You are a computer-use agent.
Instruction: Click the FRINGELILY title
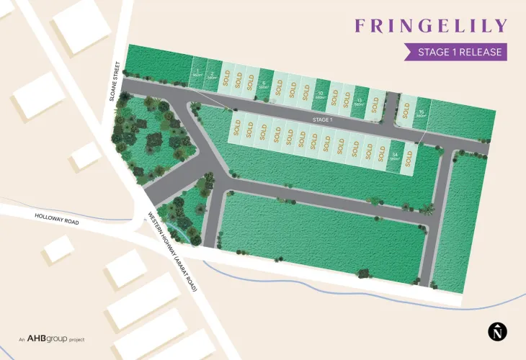[x=432, y=27]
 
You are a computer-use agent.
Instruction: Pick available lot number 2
[x=211, y=73]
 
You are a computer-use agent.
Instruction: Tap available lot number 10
[x=321, y=94]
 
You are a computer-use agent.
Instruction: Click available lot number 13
[x=360, y=101]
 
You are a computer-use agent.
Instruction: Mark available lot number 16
[x=422, y=114]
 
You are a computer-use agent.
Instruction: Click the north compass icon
[x=497, y=332]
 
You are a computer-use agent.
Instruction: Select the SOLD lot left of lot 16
[x=406, y=110]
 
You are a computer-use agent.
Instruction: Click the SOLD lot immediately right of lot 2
[x=226, y=76]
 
